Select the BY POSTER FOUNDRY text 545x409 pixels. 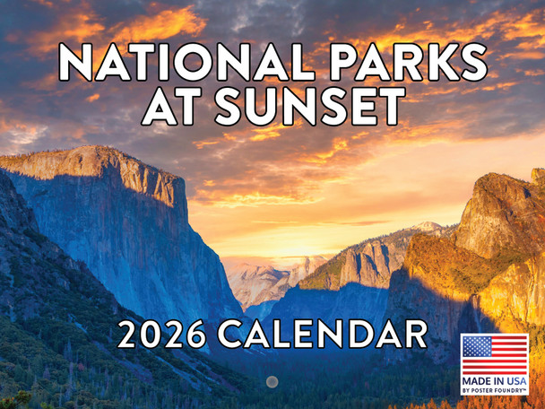[x=494, y=391]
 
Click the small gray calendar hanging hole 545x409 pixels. [x=272, y=381]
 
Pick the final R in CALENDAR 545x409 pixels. [x=412, y=335]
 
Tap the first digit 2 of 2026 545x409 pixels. [x=127, y=335]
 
